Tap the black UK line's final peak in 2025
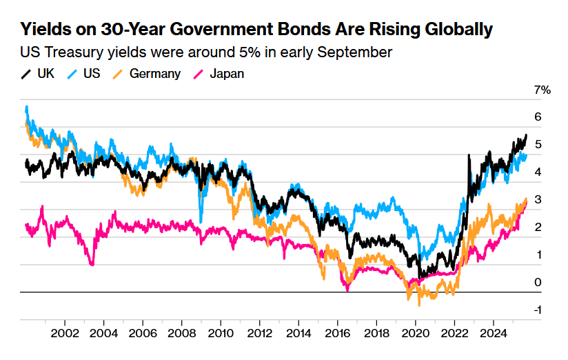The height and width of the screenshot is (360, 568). pos(526,135)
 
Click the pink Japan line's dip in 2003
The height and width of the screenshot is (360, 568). pos(92,264)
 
